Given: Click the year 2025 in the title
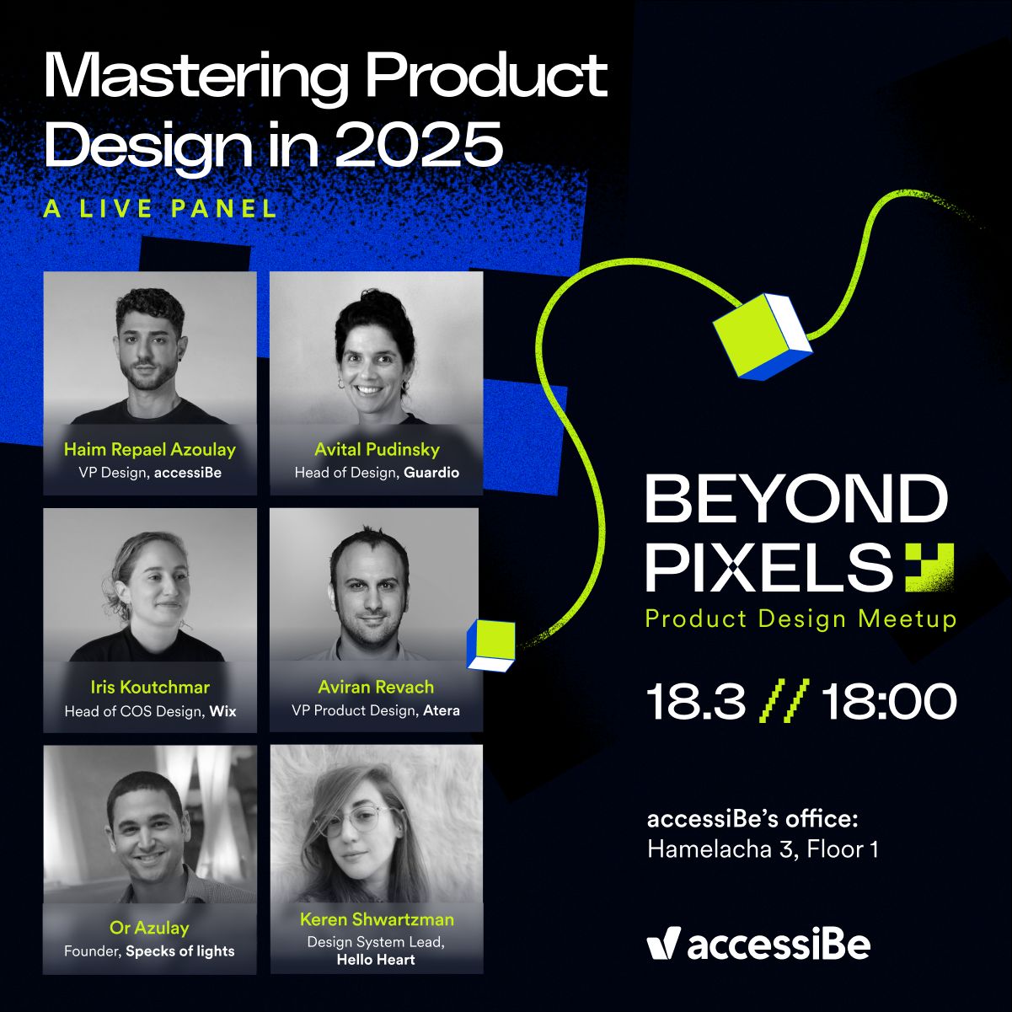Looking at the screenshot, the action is click(x=419, y=143).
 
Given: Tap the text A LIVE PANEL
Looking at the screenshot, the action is click(x=160, y=208).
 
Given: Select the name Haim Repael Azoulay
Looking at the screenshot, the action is click(x=150, y=450).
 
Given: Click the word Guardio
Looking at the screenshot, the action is click(x=431, y=473).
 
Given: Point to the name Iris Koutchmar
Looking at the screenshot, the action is click(x=150, y=687).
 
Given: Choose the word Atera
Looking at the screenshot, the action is click(x=442, y=710).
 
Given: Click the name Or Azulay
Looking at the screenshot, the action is click(x=150, y=928).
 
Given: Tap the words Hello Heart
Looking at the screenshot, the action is click(x=376, y=960).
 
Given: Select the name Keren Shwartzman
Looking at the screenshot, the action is click(x=377, y=919).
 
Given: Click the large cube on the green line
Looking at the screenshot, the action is click(x=762, y=337).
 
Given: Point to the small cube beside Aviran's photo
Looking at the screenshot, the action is click(x=491, y=645).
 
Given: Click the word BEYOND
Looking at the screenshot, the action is click(x=796, y=498).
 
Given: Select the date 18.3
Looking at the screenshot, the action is click(x=696, y=701).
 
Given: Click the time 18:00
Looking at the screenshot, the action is click(x=889, y=701).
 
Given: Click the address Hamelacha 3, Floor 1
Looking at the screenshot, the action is click(x=763, y=849).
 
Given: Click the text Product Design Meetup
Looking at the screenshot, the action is click(x=800, y=618).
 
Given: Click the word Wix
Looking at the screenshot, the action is click(x=223, y=712).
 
